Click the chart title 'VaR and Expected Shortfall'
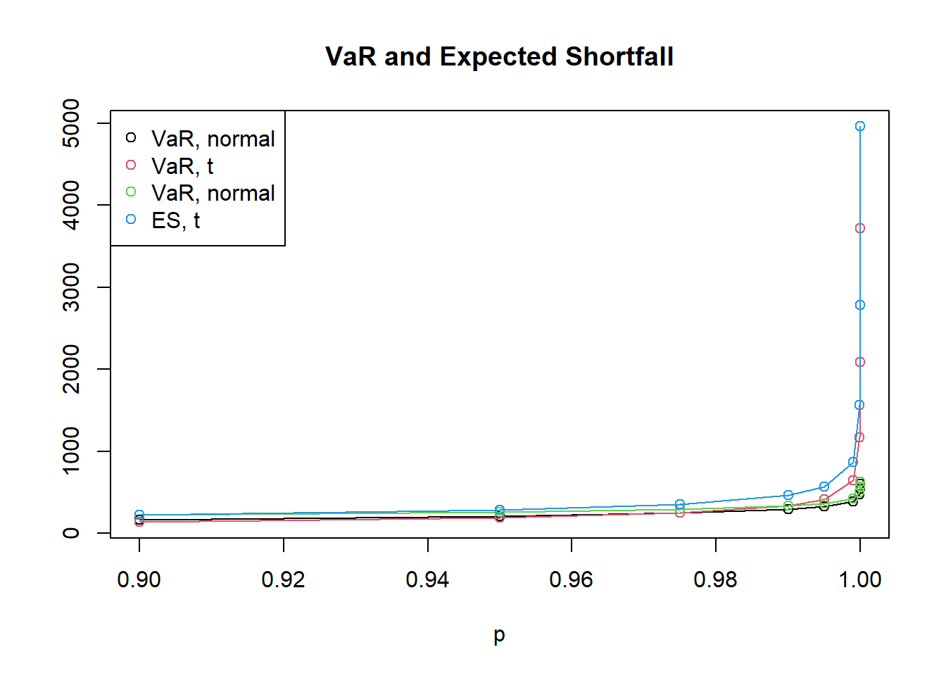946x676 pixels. pyautogui.click(x=499, y=56)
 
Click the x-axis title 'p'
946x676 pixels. pyautogui.click(x=499, y=635)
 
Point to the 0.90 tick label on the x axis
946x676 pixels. pyautogui.click(x=139, y=580)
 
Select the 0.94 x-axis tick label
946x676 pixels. pyautogui.click(x=427, y=580)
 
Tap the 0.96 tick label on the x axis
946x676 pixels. pyautogui.click(x=571, y=580)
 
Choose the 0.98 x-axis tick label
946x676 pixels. pyautogui.click(x=715, y=580)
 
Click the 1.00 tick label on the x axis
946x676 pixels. pyautogui.click(x=859, y=580)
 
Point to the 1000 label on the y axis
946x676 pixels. pyautogui.click(x=71, y=451)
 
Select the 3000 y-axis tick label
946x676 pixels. pyautogui.click(x=71, y=287)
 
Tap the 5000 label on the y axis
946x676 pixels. pyautogui.click(x=71, y=123)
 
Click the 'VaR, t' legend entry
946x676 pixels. pyautogui.click(x=182, y=166)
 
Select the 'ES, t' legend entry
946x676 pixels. pyautogui.click(x=175, y=220)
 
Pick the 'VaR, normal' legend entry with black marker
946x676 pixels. pyautogui.click(x=213, y=139)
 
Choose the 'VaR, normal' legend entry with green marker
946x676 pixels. pyautogui.click(x=213, y=193)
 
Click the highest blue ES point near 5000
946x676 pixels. pyautogui.click(x=859, y=126)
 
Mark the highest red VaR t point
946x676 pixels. pyautogui.click(x=859, y=228)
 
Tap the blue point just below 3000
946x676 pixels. pyautogui.click(x=859, y=305)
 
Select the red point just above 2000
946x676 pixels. pyautogui.click(x=859, y=362)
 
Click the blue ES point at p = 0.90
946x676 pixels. pyautogui.click(x=139, y=515)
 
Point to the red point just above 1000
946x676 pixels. pyautogui.click(x=859, y=437)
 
